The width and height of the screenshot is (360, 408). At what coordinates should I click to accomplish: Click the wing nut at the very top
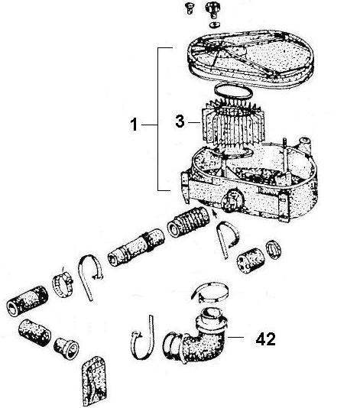pyautogui.click(x=209, y=10)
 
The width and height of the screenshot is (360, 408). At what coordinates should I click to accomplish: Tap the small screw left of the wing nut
pyautogui.click(x=183, y=7)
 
